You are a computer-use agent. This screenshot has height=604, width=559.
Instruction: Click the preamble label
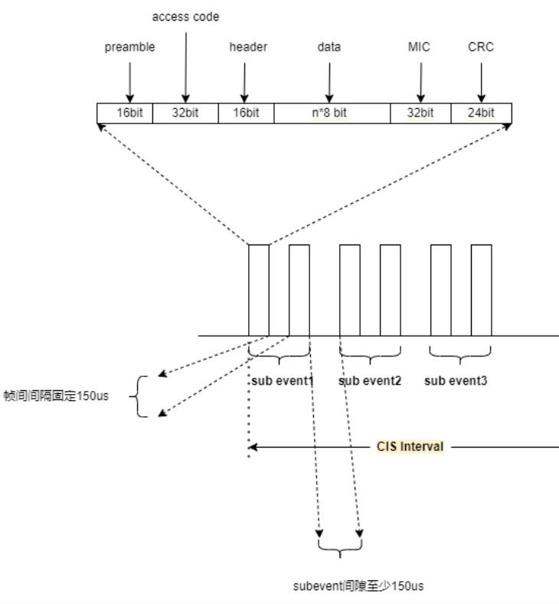[129, 47]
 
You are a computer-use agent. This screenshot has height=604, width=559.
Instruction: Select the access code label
[185, 16]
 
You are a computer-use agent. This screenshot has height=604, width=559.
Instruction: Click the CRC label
[480, 47]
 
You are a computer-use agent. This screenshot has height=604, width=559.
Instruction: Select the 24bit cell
[481, 113]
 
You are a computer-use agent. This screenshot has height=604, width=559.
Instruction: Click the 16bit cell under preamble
[125, 113]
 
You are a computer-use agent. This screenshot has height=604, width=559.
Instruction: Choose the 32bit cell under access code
[185, 113]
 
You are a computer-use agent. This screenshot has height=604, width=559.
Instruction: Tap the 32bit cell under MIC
[420, 113]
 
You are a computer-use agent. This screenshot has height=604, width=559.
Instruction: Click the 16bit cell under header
[246, 113]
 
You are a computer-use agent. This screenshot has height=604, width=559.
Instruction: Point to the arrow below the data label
[329, 80]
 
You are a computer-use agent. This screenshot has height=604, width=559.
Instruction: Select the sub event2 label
[370, 379]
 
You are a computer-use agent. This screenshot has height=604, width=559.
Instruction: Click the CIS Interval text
[410, 446]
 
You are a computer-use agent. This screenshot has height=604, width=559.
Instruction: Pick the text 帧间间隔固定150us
[57, 397]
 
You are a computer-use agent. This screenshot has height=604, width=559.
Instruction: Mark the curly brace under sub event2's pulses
[370, 356]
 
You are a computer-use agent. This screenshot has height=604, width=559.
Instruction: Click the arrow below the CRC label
[481, 80]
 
